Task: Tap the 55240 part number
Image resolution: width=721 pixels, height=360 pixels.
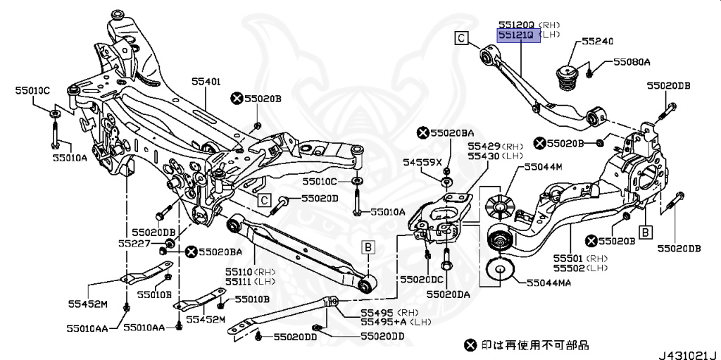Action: (x=597, y=42)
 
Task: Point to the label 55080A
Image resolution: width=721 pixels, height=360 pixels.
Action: (x=631, y=63)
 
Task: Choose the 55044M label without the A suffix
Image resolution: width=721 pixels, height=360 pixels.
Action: (x=543, y=167)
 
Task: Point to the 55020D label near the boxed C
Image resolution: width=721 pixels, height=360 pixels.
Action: (x=315, y=199)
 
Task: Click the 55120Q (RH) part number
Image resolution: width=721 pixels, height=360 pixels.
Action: (x=518, y=23)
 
